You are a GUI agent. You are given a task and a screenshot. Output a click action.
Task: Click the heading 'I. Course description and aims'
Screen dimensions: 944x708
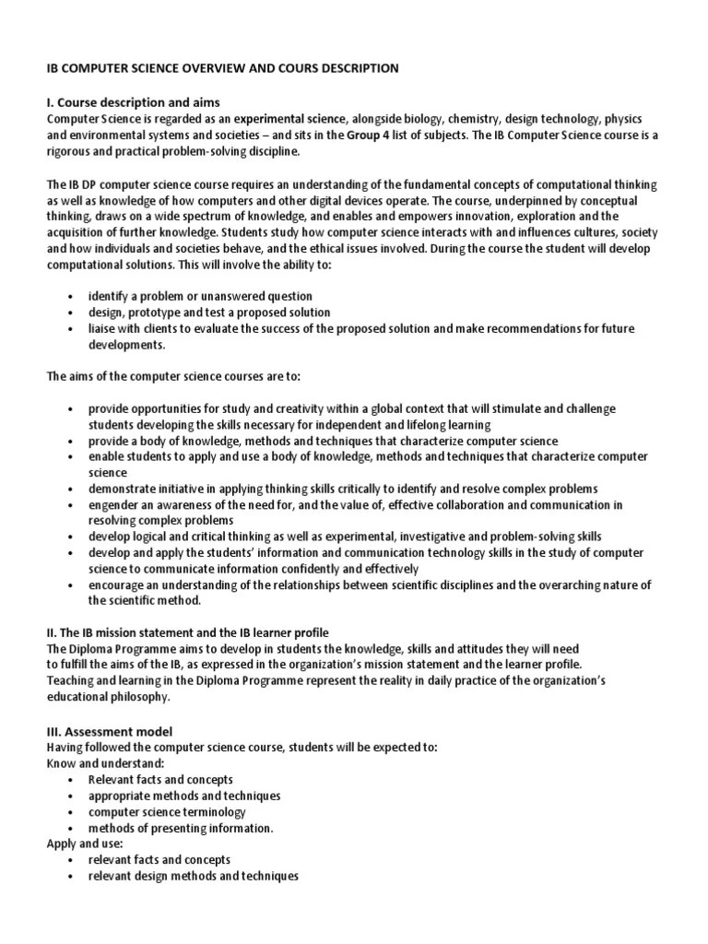pos(133,101)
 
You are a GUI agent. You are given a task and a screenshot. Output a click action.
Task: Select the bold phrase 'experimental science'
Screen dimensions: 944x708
pos(289,119)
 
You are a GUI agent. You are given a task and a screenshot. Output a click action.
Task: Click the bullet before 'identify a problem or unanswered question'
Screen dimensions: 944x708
pos(71,297)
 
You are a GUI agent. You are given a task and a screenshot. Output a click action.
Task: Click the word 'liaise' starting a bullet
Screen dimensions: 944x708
pos(103,329)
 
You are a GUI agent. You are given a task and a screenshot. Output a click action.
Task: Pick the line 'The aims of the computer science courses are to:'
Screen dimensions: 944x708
pos(173,376)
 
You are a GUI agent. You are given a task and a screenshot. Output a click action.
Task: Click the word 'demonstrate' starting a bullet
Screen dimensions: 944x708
pos(120,489)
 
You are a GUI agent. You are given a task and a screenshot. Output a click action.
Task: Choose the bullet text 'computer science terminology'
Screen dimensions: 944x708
pos(167,812)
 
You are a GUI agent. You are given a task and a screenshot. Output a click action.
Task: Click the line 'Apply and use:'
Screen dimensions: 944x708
pos(84,844)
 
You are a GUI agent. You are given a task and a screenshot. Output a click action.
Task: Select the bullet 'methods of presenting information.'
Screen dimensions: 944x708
pos(181,828)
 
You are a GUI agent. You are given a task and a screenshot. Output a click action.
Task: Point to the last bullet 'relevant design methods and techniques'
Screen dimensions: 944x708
pos(194,876)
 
